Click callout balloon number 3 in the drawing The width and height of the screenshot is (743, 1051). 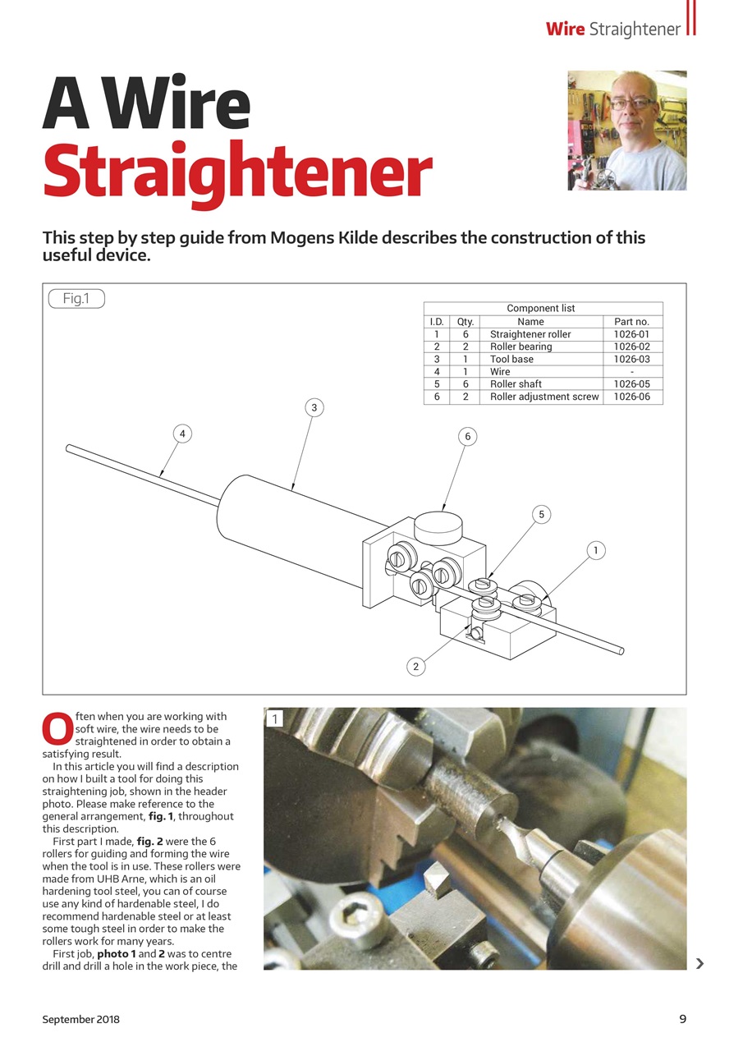point(313,407)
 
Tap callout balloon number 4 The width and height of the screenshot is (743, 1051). point(183,433)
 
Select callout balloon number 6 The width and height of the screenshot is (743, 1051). point(467,437)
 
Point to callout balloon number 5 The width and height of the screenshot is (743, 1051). point(541,515)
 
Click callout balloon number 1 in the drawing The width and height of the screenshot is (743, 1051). point(595,551)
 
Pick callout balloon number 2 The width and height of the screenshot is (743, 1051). point(416,667)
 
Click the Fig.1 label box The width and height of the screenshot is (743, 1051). point(76,299)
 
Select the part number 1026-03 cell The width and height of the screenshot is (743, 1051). point(631,360)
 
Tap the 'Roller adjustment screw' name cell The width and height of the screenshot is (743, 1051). point(543,397)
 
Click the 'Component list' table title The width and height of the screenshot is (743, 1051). point(541,309)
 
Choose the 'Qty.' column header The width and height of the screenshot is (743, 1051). point(466,322)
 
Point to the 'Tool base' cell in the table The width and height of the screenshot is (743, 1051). point(511,360)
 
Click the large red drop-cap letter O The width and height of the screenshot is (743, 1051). point(56,728)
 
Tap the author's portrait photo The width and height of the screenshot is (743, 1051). point(626,131)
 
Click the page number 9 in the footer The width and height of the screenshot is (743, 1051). point(682,1019)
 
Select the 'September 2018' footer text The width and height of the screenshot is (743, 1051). point(81,1019)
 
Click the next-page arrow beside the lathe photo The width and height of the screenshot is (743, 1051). point(699,963)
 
